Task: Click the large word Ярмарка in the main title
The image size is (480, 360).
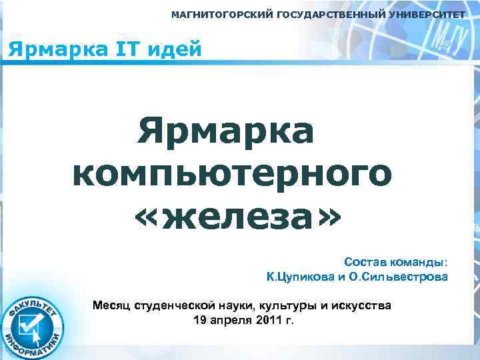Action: tap(225, 131)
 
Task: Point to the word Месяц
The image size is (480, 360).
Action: tap(111, 305)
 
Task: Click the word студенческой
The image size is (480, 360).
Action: tap(174, 305)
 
